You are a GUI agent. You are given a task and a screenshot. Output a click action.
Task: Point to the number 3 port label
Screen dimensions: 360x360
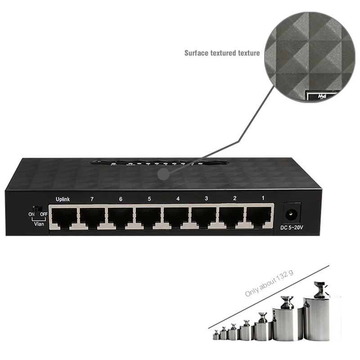pos(206,198)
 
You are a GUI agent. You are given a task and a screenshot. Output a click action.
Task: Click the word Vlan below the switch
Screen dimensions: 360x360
pos(39,223)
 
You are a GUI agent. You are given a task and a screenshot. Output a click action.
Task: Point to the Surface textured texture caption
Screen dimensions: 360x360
pos(222,53)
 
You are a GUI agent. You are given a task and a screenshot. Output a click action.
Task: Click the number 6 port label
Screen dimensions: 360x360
pos(120,198)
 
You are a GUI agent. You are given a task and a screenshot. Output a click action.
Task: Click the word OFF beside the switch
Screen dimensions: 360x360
pos(44,214)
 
